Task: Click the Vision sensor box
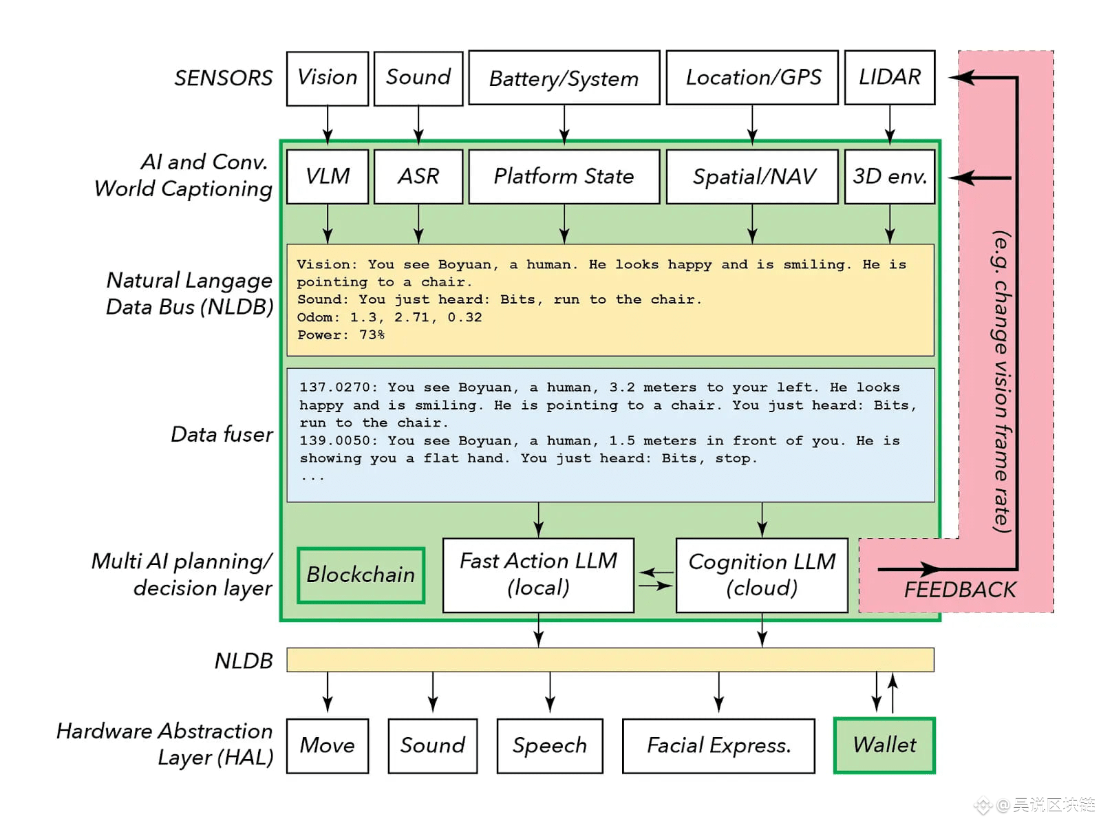(x=328, y=78)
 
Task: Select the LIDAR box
(x=889, y=77)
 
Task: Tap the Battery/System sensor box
(x=564, y=78)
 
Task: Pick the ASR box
(x=418, y=176)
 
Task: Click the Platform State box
(x=564, y=176)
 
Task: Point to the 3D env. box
(x=889, y=176)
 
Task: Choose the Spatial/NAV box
(x=753, y=176)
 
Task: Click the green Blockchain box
(x=361, y=575)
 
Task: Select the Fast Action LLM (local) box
(x=538, y=575)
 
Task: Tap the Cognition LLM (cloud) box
(x=762, y=575)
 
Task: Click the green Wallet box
(x=884, y=745)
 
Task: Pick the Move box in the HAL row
(x=328, y=745)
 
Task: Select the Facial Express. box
(x=718, y=745)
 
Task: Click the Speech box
(x=549, y=745)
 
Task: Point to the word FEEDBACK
(x=959, y=590)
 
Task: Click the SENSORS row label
(x=223, y=78)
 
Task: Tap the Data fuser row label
(x=222, y=434)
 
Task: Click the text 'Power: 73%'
(x=341, y=335)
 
